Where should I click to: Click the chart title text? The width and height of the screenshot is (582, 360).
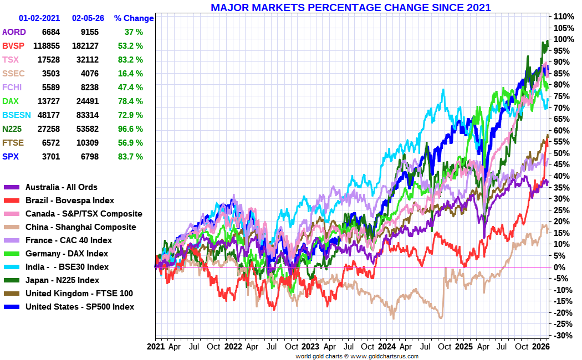pyautogui.click(x=350, y=7)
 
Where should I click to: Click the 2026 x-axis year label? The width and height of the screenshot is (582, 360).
pyautogui.click(x=540, y=347)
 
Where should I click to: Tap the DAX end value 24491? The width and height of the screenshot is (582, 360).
pyautogui.click(x=85, y=101)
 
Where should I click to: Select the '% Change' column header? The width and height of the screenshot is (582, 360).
pyautogui.click(x=134, y=18)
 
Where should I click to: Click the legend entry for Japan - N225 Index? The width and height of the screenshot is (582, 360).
pyautogui.click(x=62, y=280)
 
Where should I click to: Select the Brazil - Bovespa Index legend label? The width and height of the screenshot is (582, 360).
pyautogui.click(x=70, y=200)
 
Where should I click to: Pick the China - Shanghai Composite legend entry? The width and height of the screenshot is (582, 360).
pyautogui.click(x=80, y=227)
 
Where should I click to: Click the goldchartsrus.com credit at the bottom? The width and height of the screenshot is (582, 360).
pyautogui.click(x=356, y=356)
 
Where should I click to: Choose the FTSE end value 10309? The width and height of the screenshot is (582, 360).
pyautogui.click(x=85, y=142)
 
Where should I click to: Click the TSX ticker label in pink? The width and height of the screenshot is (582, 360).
pyautogui.click(x=11, y=59)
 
